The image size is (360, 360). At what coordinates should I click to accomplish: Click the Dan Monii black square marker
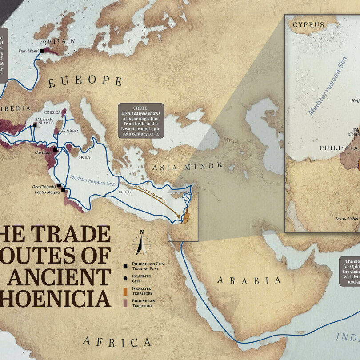click(42, 51)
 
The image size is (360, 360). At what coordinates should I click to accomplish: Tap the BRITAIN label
click(53, 42)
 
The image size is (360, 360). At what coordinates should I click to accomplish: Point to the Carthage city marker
click(55, 149)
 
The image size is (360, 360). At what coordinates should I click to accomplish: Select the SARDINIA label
click(69, 131)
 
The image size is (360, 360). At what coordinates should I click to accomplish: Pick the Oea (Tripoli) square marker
click(59, 185)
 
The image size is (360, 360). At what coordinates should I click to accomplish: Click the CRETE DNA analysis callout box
click(141, 120)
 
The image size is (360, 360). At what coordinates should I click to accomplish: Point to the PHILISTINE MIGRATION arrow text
click(152, 195)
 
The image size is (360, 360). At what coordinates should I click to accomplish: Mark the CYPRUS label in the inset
click(309, 25)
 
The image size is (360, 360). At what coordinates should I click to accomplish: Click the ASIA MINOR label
click(187, 167)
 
